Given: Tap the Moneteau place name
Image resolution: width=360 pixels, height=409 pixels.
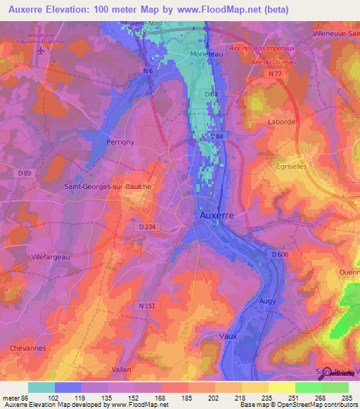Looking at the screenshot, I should [207, 53].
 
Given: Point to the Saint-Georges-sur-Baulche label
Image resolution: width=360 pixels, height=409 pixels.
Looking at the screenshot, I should [103, 186].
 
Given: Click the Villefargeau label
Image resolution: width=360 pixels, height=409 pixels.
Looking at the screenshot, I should [50, 257].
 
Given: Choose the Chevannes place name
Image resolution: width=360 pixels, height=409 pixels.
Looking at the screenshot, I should [27, 348].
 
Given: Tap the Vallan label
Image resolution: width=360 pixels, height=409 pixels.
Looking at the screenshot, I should [122, 369].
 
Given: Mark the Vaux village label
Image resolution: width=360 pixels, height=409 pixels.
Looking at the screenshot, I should [229, 336].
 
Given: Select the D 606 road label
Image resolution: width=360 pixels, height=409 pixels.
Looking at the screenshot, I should [280, 254].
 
